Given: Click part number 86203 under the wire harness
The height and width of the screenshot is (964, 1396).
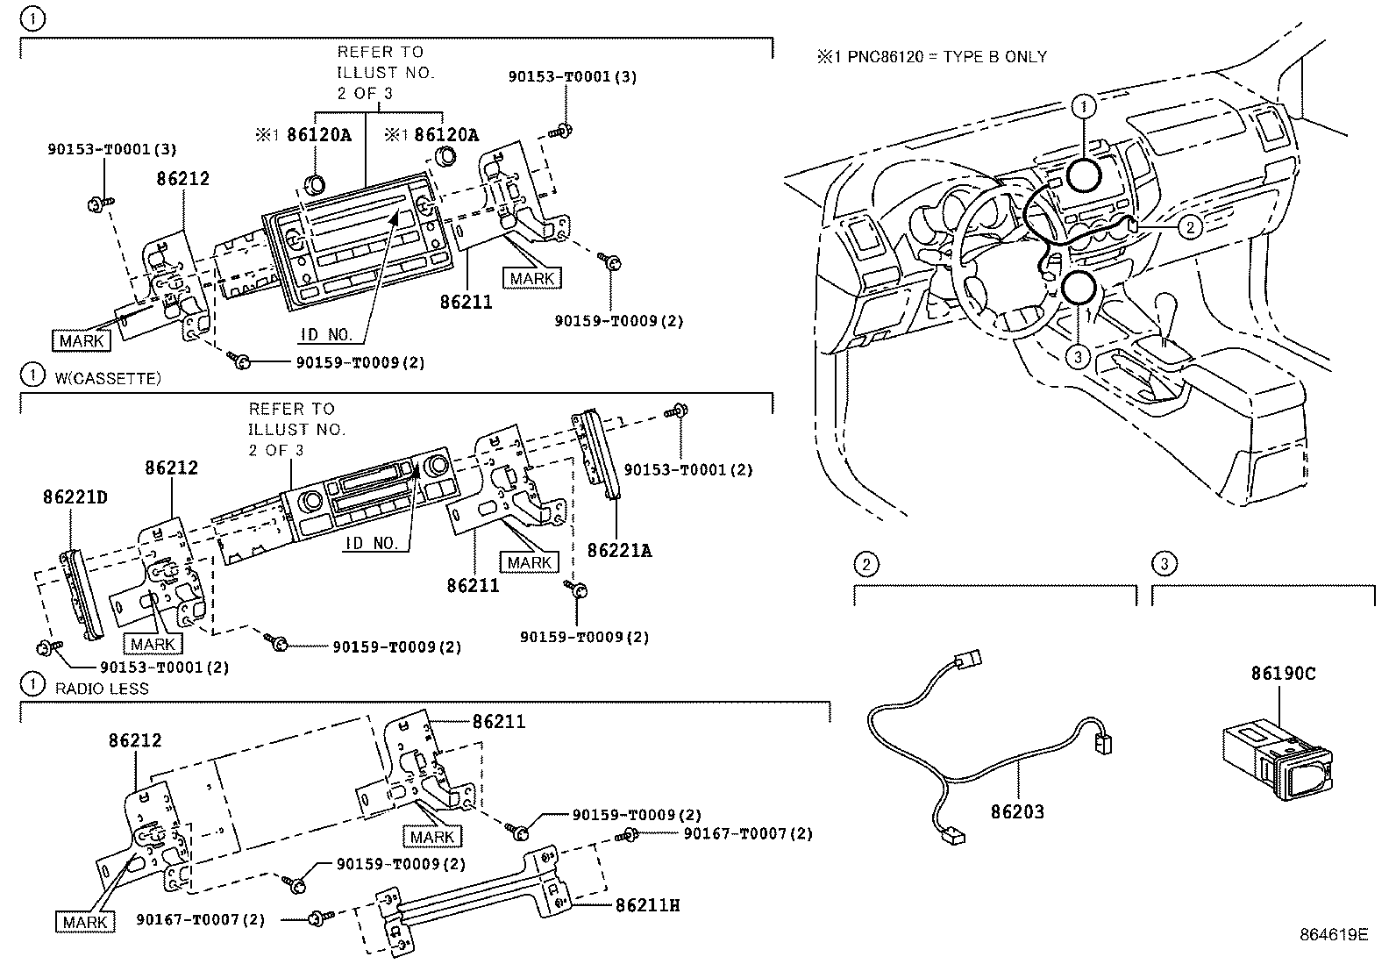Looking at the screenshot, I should point(1017,811).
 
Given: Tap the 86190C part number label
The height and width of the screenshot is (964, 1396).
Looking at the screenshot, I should point(1283,674).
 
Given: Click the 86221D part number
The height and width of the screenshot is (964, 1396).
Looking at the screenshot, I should point(75,497).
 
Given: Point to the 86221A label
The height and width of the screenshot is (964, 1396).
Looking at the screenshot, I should point(619,550).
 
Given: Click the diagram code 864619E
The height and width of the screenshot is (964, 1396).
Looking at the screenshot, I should point(1333,934).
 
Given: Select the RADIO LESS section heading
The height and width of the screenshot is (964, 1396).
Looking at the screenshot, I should point(102,689).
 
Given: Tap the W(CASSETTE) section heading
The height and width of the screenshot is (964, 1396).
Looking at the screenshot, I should point(108,379).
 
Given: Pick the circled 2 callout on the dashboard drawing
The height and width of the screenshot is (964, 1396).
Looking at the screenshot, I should point(1189,228).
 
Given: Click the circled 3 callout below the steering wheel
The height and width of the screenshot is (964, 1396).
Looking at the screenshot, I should point(1078,355).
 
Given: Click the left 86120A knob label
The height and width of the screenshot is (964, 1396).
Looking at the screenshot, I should point(318,134).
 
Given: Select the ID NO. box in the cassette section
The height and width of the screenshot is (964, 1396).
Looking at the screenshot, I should point(372,543).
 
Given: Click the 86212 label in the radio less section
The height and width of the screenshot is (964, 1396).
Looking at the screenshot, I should point(135,740).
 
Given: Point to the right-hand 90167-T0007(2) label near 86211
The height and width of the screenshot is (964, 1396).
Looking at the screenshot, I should point(747,833).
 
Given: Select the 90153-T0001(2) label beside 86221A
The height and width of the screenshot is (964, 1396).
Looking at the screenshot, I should point(688,470).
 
